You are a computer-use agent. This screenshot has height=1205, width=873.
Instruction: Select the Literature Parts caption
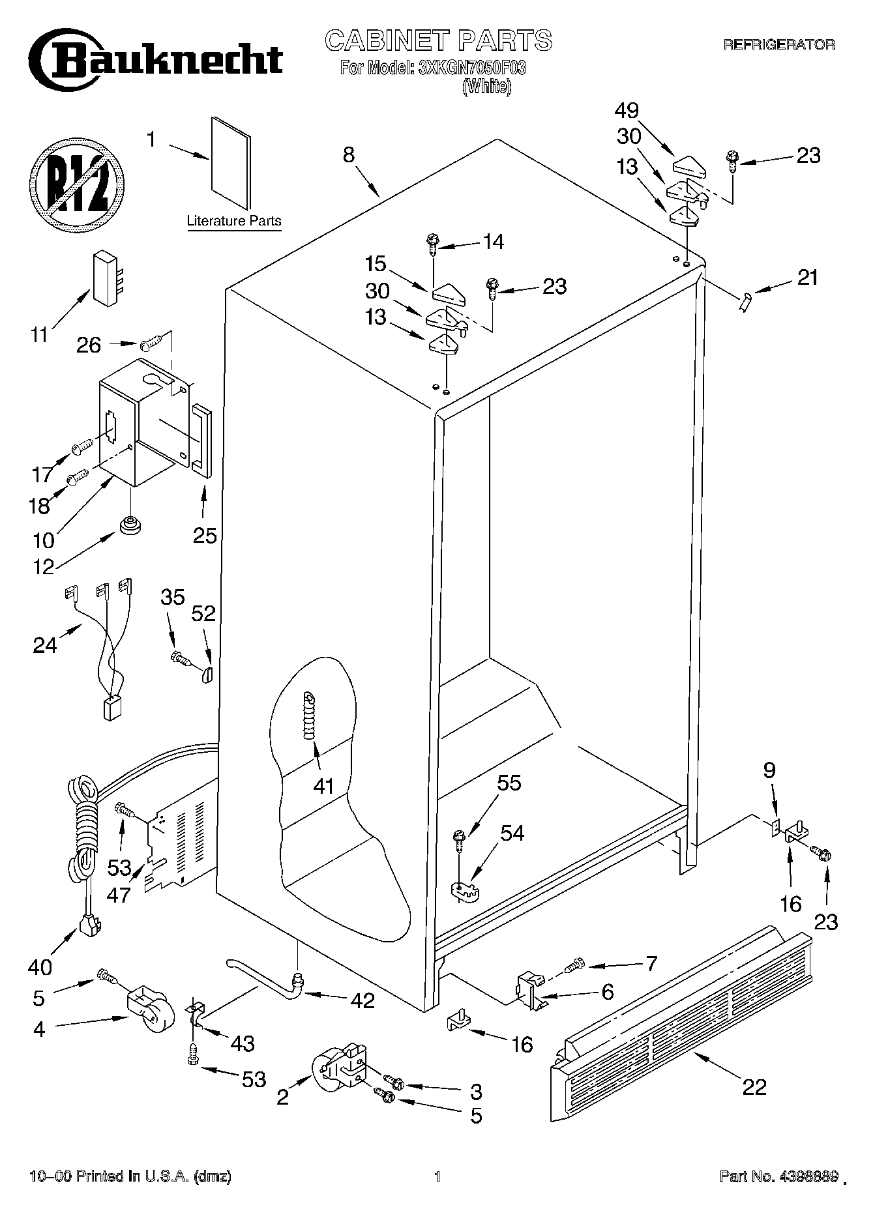234,221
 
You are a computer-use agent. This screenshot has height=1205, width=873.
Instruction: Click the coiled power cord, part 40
83,841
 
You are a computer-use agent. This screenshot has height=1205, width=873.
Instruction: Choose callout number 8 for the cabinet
349,154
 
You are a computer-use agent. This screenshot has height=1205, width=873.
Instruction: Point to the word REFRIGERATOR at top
778,44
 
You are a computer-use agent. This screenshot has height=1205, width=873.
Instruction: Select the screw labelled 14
433,242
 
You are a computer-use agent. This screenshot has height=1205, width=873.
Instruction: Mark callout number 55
509,783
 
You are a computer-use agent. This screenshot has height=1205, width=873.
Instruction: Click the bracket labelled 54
465,892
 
